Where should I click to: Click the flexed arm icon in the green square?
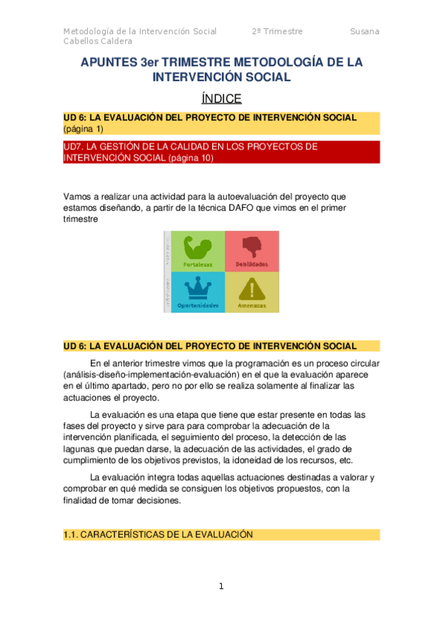click(197, 245)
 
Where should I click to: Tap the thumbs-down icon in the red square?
click(251, 245)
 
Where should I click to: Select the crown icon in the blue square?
click(197, 287)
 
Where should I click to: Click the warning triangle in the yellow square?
click(251, 287)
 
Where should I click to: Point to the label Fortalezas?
click(197, 264)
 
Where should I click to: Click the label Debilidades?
click(251, 264)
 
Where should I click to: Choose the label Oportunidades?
click(197, 305)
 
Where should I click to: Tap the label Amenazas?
click(251, 305)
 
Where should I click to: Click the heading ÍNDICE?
click(221, 98)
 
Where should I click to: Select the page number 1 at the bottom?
click(220, 586)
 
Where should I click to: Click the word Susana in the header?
click(365, 31)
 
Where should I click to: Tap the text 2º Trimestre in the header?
click(277, 31)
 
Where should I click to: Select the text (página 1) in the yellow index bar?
click(84, 129)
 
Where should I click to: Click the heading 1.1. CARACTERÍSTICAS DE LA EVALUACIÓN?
click(158, 534)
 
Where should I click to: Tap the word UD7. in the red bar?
click(76, 146)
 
